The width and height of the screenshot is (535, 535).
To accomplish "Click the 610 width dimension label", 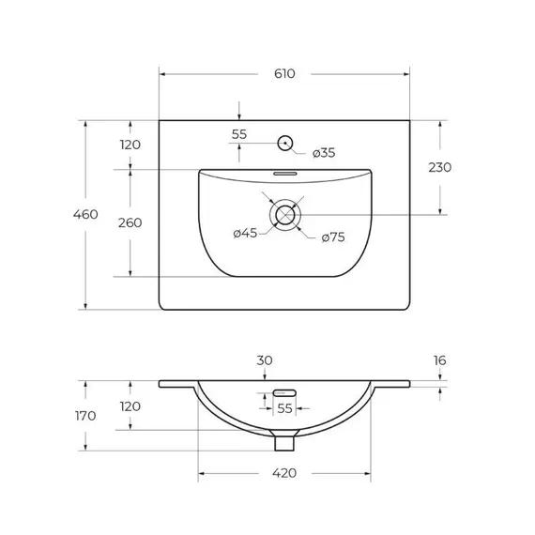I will coord(284,73).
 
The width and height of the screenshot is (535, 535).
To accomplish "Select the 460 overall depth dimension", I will coord(85,214).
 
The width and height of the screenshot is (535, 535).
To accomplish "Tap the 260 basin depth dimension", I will coord(130,222).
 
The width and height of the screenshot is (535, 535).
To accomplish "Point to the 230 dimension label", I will coord(439,167).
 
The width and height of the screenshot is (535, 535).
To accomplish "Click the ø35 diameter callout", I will coord(324,152).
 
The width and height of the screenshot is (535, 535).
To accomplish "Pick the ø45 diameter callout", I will coord(245,233).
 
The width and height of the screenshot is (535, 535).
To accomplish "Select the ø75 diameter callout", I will coord(333,237).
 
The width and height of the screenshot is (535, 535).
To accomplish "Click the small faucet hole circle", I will coord(284,144).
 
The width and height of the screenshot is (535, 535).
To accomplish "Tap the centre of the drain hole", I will coord(283,215).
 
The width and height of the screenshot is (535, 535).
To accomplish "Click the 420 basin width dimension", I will coord(284,473).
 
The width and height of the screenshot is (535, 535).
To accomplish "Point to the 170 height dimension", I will coord(85,416).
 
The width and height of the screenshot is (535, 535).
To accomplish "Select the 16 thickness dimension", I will coord(439,360).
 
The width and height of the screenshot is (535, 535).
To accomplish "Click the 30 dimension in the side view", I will coord(265,360).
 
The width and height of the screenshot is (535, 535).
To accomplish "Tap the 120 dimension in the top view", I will coord(130,145).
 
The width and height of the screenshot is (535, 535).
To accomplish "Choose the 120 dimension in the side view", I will coord(130,406).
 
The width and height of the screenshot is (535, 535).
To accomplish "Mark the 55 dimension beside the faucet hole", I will coord(239,134).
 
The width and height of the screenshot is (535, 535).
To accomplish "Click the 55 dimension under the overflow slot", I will coord(284,408).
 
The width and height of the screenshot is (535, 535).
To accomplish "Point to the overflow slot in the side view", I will coord(284,392).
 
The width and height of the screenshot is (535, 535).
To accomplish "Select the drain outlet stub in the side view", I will coord(283,434).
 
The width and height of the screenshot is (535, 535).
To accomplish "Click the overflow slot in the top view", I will coord(284,174).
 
